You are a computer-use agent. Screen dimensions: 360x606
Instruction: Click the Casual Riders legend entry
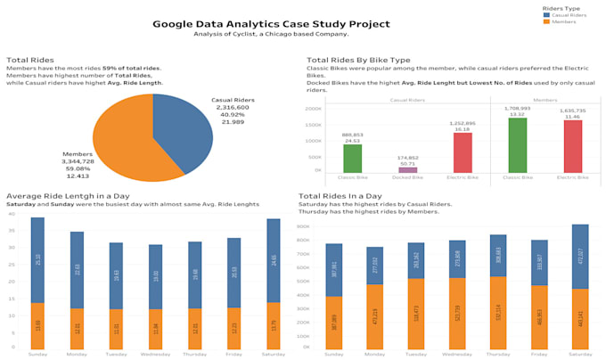coord(567,14)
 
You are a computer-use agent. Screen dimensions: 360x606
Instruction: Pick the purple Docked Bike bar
coord(407,169)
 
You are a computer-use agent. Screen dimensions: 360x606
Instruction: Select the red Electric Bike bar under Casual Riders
coord(463,152)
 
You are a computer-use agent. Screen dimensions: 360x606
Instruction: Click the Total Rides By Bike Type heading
coord(358,60)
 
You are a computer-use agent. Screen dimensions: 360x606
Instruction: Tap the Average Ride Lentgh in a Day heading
coord(69,195)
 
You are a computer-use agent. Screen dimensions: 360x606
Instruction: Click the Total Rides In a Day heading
coord(340,195)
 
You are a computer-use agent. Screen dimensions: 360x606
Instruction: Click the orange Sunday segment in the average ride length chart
coord(37,324)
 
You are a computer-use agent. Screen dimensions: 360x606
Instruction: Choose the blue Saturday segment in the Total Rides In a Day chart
coord(580,257)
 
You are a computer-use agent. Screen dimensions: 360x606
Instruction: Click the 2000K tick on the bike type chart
coord(314,109)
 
